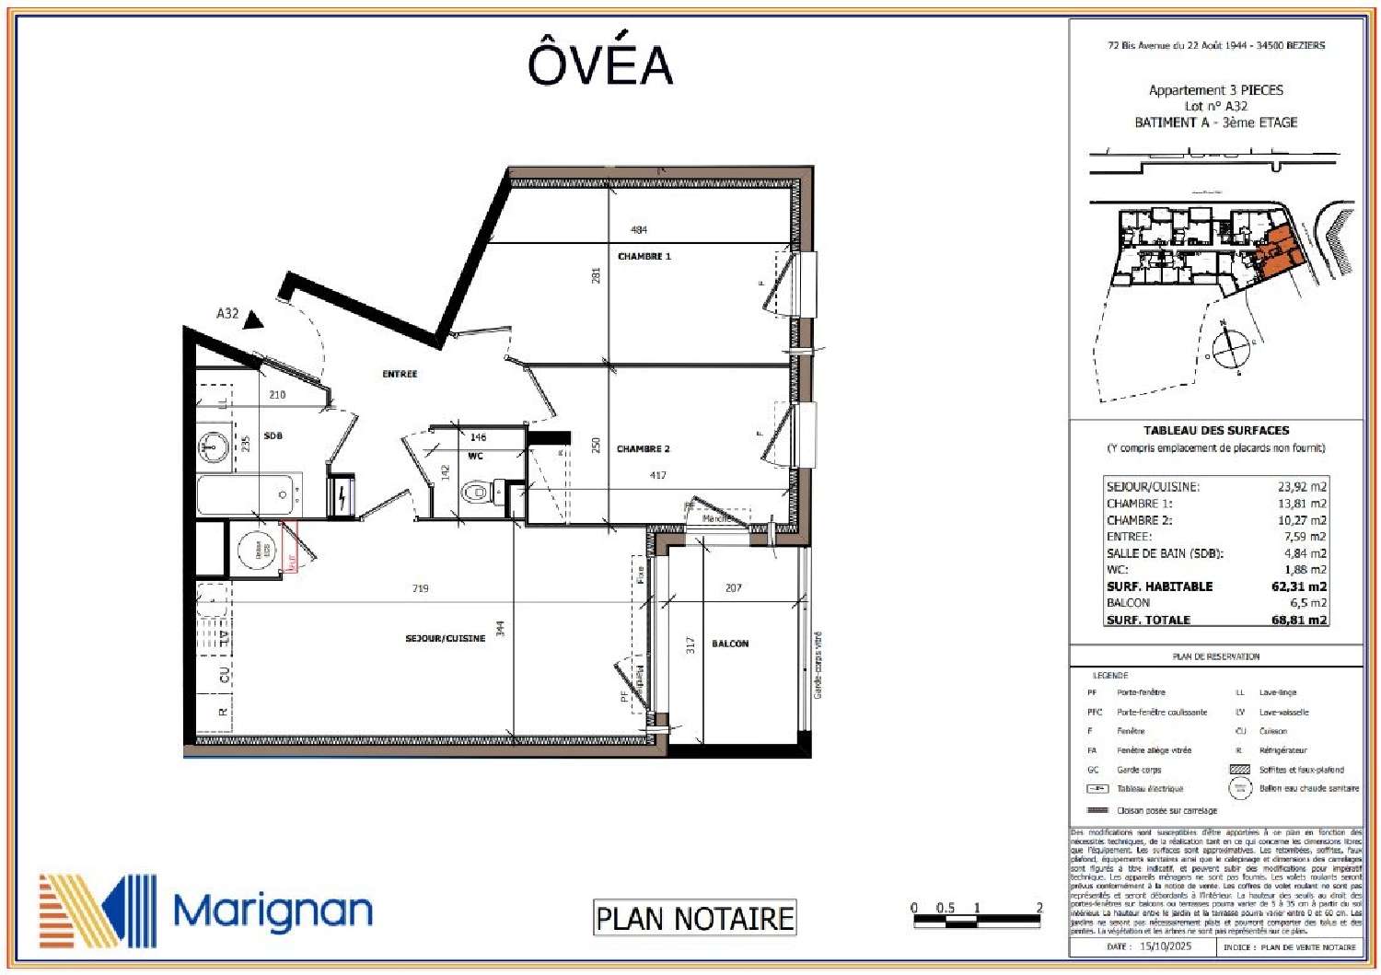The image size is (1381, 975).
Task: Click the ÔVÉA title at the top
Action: [x=599, y=64]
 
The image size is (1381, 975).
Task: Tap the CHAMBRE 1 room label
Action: [x=644, y=256]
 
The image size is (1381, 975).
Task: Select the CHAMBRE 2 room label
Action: [x=643, y=449]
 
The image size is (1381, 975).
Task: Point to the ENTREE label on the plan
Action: [x=400, y=374]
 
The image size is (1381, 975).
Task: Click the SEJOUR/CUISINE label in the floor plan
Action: [x=445, y=638]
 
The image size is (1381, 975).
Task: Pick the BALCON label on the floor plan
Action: [x=730, y=644]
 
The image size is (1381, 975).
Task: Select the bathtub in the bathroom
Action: [x=249, y=495]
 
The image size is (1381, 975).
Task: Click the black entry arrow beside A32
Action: [x=254, y=319]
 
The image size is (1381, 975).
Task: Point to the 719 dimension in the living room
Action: [x=420, y=588]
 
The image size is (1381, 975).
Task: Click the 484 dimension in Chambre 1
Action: [x=638, y=230]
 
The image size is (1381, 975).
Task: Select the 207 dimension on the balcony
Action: [x=733, y=587]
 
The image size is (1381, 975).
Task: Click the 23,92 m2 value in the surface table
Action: [x=1302, y=487]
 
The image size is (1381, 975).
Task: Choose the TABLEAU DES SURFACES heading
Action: [x=1215, y=430]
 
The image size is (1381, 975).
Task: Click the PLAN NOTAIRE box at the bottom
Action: [x=694, y=918]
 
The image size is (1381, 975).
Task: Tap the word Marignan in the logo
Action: [x=273, y=911]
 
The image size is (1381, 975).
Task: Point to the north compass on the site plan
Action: [x=1229, y=347]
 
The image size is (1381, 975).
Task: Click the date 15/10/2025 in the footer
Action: [x=1165, y=946]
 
